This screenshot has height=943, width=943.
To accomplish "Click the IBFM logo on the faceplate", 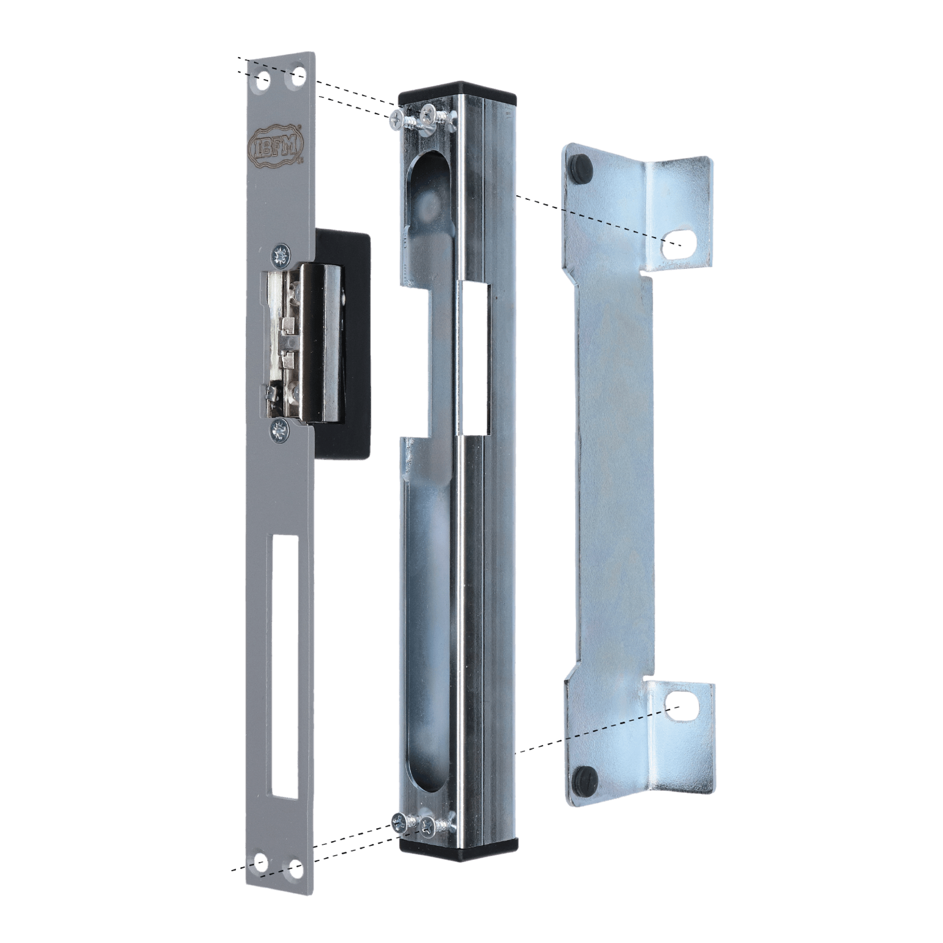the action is [x=278, y=144].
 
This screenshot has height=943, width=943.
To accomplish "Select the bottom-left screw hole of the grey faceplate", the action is [x=261, y=864].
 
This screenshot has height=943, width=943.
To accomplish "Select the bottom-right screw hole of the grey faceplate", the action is [x=296, y=868].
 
